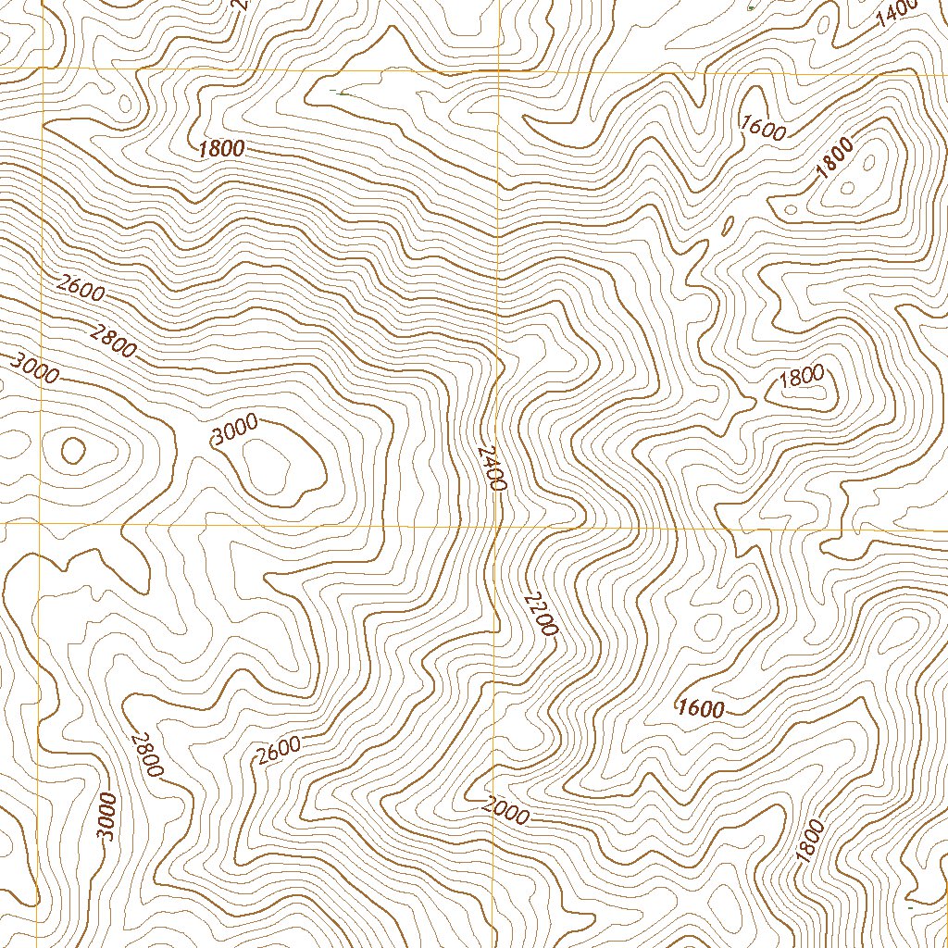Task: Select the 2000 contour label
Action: (x=505, y=811)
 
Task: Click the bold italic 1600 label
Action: (x=700, y=709)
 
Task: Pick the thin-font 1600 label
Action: (x=764, y=127)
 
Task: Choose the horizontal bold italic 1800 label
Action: (x=221, y=148)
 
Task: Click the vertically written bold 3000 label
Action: (x=108, y=817)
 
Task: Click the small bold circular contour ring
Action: (x=72, y=451)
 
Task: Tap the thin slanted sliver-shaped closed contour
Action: (x=728, y=225)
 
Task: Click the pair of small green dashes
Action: (x=337, y=92)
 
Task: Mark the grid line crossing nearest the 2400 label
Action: (x=497, y=525)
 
